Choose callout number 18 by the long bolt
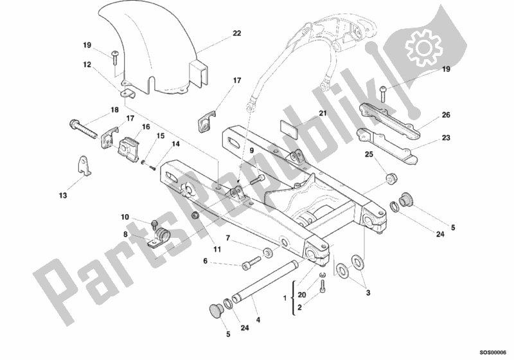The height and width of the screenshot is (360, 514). [114, 110]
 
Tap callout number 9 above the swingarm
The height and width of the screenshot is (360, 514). [252, 150]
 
